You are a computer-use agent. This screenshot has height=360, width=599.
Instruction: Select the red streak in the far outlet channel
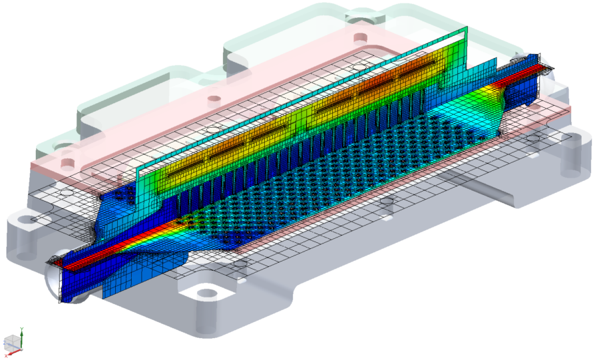[526, 69]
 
